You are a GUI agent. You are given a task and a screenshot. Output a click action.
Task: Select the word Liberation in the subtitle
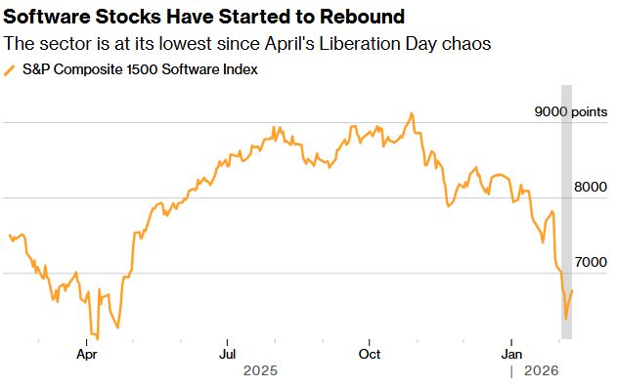pyautogui.click(x=337, y=44)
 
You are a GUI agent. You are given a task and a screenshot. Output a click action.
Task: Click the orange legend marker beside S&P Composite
pyautogui.click(x=11, y=70)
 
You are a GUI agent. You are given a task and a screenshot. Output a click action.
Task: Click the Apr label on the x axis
pyautogui.click(x=87, y=354)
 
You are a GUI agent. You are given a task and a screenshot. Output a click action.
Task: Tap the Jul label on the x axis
pyautogui.click(x=228, y=354)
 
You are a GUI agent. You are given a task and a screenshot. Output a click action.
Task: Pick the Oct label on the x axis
pyautogui.click(x=370, y=354)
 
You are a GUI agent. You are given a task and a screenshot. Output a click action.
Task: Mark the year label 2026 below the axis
pyautogui.click(x=540, y=371)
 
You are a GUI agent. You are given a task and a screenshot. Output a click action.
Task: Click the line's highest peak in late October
pyautogui.click(x=412, y=113)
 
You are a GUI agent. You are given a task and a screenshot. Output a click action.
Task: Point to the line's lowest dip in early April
pyautogui.click(x=97, y=338)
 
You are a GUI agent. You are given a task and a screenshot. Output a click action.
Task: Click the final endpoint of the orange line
pyautogui.click(x=572, y=290)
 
